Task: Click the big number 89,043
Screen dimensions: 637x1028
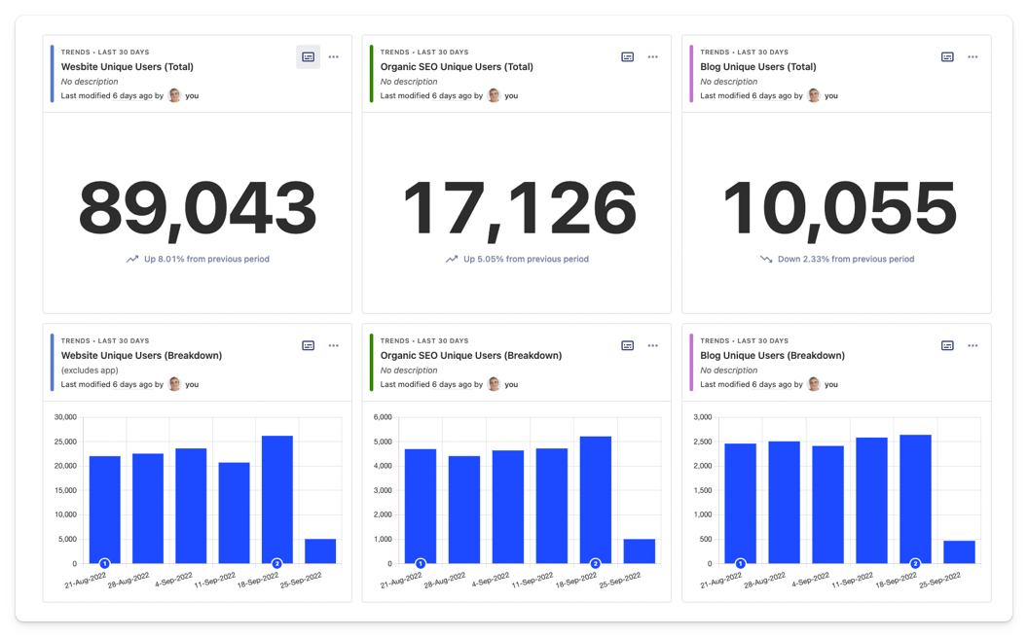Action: coord(198,209)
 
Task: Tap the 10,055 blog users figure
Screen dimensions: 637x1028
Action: coord(838,209)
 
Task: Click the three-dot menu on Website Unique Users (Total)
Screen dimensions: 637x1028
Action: coord(334,57)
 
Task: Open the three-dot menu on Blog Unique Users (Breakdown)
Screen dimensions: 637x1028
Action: coord(973,346)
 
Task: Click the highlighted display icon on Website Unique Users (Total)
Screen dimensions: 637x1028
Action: coord(308,57)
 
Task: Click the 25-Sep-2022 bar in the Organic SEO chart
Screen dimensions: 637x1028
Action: coord(639,550)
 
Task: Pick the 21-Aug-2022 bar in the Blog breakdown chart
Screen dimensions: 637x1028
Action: coord(740,502)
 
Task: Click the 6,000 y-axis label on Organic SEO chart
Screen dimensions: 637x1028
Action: coord(383,417)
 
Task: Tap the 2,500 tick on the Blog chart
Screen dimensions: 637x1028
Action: coord(702,442)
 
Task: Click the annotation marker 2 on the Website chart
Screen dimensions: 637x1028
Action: coord(276,563)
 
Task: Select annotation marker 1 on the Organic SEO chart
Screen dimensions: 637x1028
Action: coord(421,563)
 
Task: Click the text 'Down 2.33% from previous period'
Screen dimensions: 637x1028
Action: coord(845,260)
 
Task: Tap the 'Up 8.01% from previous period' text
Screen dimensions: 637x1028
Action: coord(206,260)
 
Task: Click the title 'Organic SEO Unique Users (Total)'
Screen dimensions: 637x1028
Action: coord(456,67)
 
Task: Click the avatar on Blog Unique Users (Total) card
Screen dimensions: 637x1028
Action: coord(814,95)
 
